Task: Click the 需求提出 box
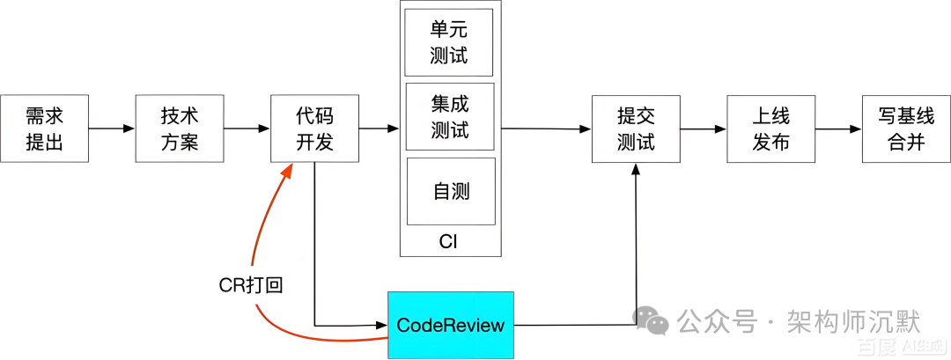pyautogui.click(x=44, y=129)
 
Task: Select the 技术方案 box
pyautogui.click(x=180, y=129)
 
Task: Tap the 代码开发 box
pyautogui.click(x=314, y=129)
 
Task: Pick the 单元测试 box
pyautogui.click(x=449, y=42)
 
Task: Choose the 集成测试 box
pyautogui.click(x=449, y=117)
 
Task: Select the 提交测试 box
pyautogui.click(x=635, y=129)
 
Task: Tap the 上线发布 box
pyautogui.click(x=770, y=129)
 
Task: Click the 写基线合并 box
pyautogui.click(x=906, y=129)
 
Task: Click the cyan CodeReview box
pyautogui.click(x=450, y=325)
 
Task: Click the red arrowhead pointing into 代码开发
pyautogui.click(x=287, y=173)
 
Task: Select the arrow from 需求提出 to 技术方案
pyautogui.click(x=112, y=129)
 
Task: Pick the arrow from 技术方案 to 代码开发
pyautogui.click(x=247, y=129)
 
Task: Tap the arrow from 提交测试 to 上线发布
pyautogui.click(x=703, y=129)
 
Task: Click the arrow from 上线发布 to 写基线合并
pyautogui.click(x=838, y=129)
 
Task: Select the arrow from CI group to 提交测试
pyautogui.click(x=546, y=129)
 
